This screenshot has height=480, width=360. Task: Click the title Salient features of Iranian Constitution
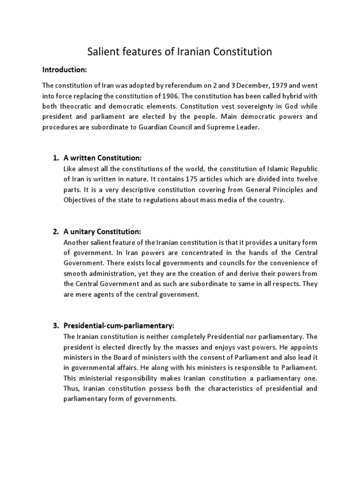point(180,52)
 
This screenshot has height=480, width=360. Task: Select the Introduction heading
point(65,70)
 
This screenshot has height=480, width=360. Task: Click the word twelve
point(307,179)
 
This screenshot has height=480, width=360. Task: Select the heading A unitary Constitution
point(102,232)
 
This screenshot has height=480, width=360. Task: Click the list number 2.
point(55,232)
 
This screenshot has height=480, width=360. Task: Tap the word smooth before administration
point(75,273)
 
